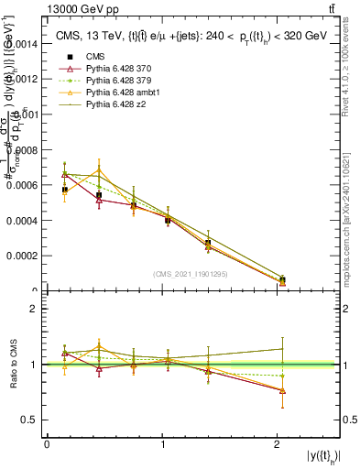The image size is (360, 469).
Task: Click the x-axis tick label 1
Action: [x=162, y=443]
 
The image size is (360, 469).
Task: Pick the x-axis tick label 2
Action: [x=278, y=443]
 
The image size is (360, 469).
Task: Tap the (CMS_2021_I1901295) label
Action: [x=191, y=275]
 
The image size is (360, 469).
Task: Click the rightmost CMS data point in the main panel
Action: [x=282, y=280]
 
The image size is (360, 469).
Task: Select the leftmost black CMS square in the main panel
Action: [x=64, y=190]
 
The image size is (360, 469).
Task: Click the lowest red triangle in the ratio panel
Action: [x=282, y=391]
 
